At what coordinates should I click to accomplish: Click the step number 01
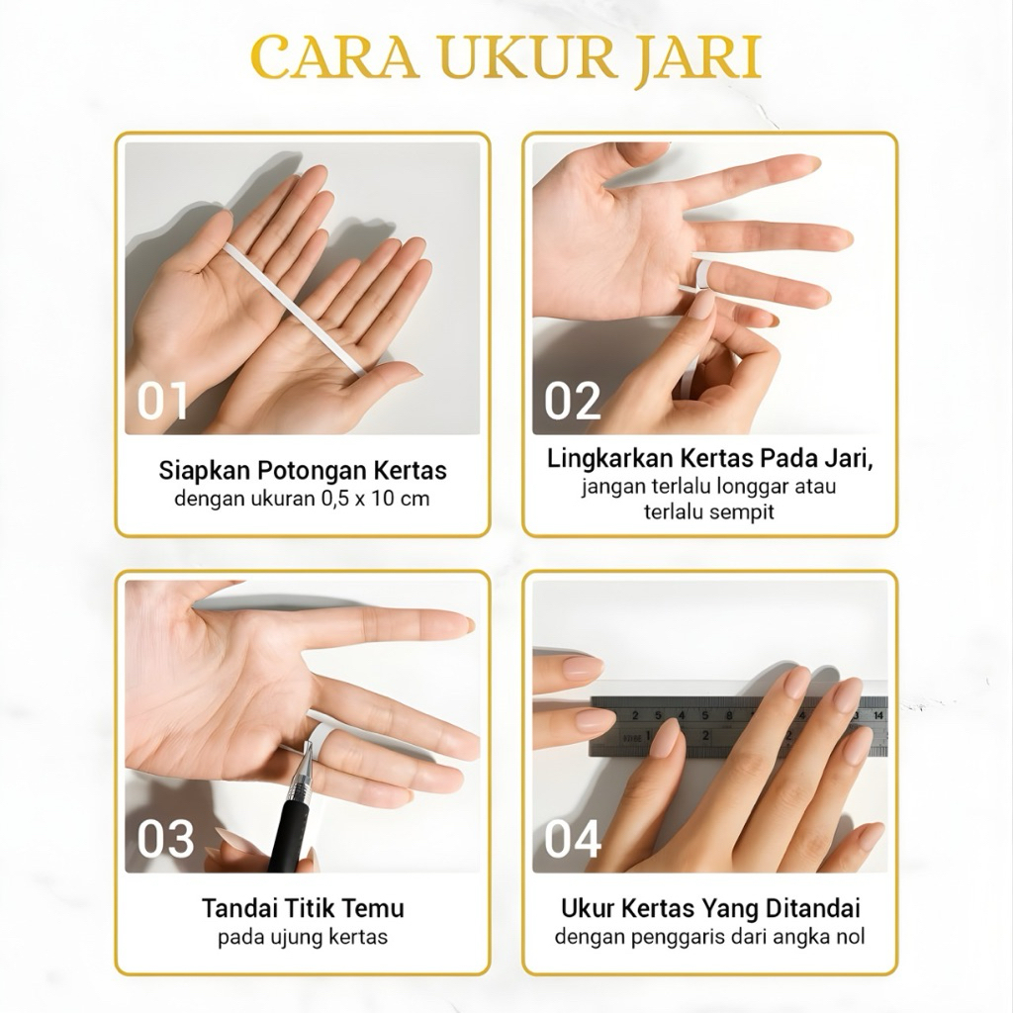pyautogui.click(x=162, y=402)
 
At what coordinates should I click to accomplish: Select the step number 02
pyautogui.click(x=573, y=402)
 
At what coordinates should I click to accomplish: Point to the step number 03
pyautogui.click(x=165, y=839)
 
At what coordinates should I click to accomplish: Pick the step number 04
pyautogui.click(x=573, y=839)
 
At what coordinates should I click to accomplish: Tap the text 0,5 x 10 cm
pyautogui.click(x=375, y=499)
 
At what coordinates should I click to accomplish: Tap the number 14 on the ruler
pyautogui.click(x=878, y=715)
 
